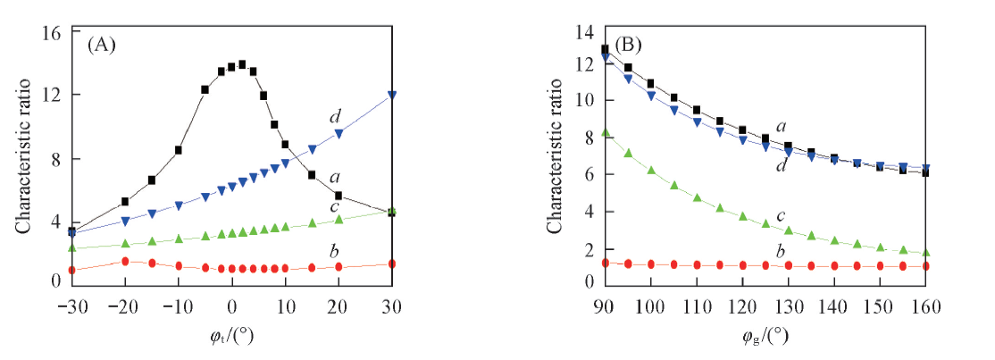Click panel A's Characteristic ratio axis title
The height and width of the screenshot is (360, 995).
pos(21,156)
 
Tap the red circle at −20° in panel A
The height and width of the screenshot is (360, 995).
pos(125,261)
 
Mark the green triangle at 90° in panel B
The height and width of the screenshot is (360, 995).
pos(606,132)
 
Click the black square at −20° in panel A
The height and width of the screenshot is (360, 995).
pos(125,202)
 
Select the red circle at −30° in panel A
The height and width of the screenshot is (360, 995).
pos(71,270)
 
